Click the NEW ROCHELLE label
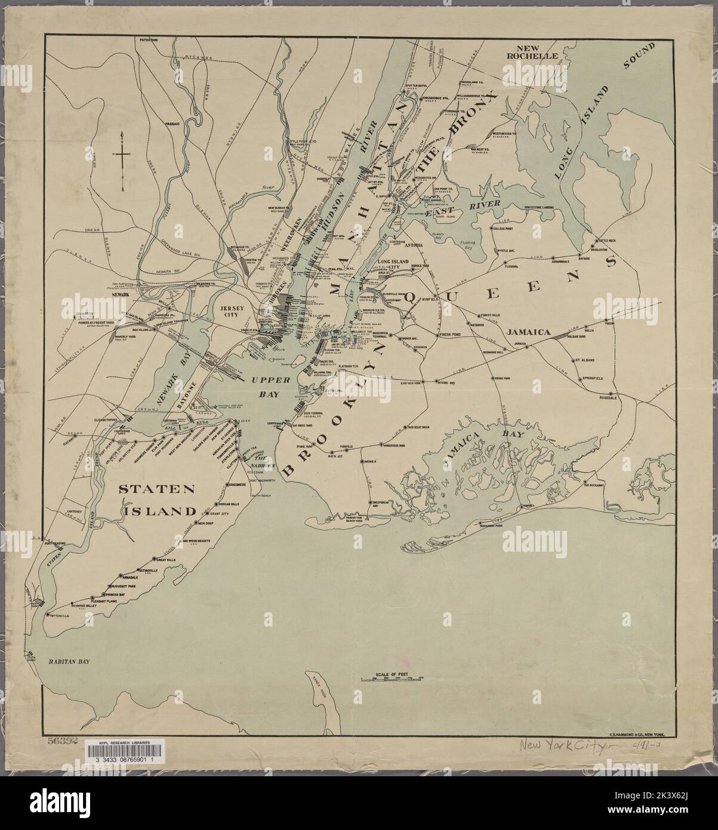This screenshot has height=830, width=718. pos(537,51)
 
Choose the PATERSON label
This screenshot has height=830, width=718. pos(148,40)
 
